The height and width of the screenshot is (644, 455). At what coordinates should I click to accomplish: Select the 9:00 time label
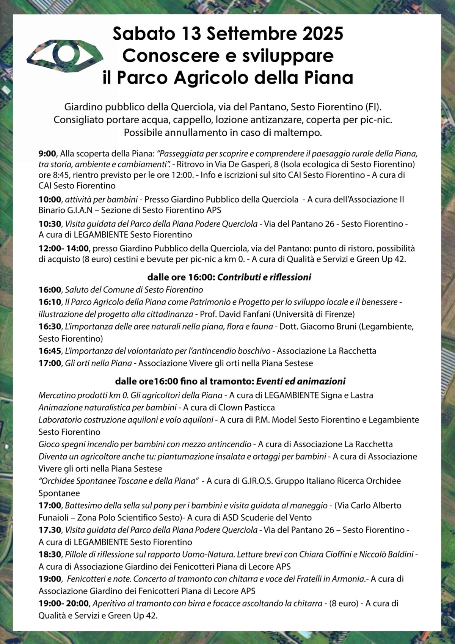[47, 154]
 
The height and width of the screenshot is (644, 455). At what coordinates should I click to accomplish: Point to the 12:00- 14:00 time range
[64, 248]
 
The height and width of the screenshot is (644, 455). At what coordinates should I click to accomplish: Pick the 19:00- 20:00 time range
[64, 603]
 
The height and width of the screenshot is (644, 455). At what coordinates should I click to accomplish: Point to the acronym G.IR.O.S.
[256, 481]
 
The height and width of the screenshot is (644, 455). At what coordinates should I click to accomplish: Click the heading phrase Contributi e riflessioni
[264, 277]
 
